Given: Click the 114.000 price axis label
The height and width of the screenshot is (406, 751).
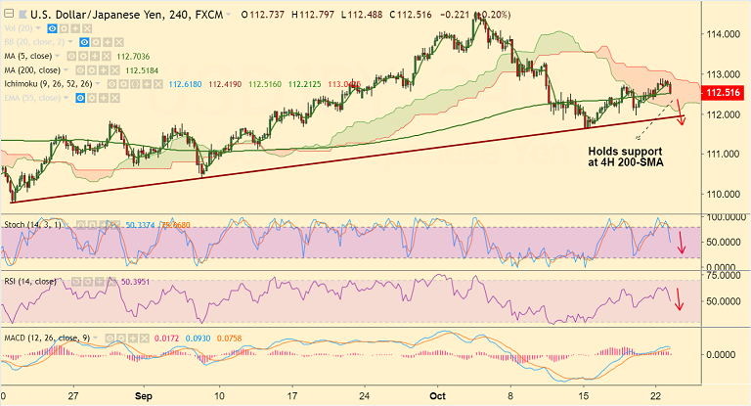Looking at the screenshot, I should (721, 34).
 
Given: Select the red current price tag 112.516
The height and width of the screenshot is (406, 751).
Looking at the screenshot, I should (725, 94).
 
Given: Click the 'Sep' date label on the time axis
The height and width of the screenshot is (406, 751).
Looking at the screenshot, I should (143, 397).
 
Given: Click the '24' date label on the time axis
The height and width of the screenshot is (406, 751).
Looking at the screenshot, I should (365, 397).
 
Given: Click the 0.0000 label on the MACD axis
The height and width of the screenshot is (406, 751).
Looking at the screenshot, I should (725, 355).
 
